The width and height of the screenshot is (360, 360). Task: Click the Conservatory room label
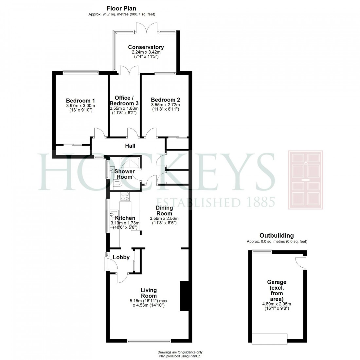pos(146,47)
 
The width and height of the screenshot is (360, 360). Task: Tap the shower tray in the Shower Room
pos(129,163)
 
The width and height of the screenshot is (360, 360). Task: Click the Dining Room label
pos(164,210)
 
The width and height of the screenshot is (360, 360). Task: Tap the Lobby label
pos(121,258)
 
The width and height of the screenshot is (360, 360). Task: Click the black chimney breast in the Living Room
pos(184,296)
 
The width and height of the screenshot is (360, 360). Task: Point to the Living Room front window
pos(149,341)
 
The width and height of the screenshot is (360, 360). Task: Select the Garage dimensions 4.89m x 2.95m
pos(277,304)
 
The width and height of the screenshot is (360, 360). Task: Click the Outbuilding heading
pos(277,236)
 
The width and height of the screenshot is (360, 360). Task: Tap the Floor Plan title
pos(121,9)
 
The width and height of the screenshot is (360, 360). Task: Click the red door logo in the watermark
pos(305,180)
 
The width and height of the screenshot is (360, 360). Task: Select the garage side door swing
pos(299,262)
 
